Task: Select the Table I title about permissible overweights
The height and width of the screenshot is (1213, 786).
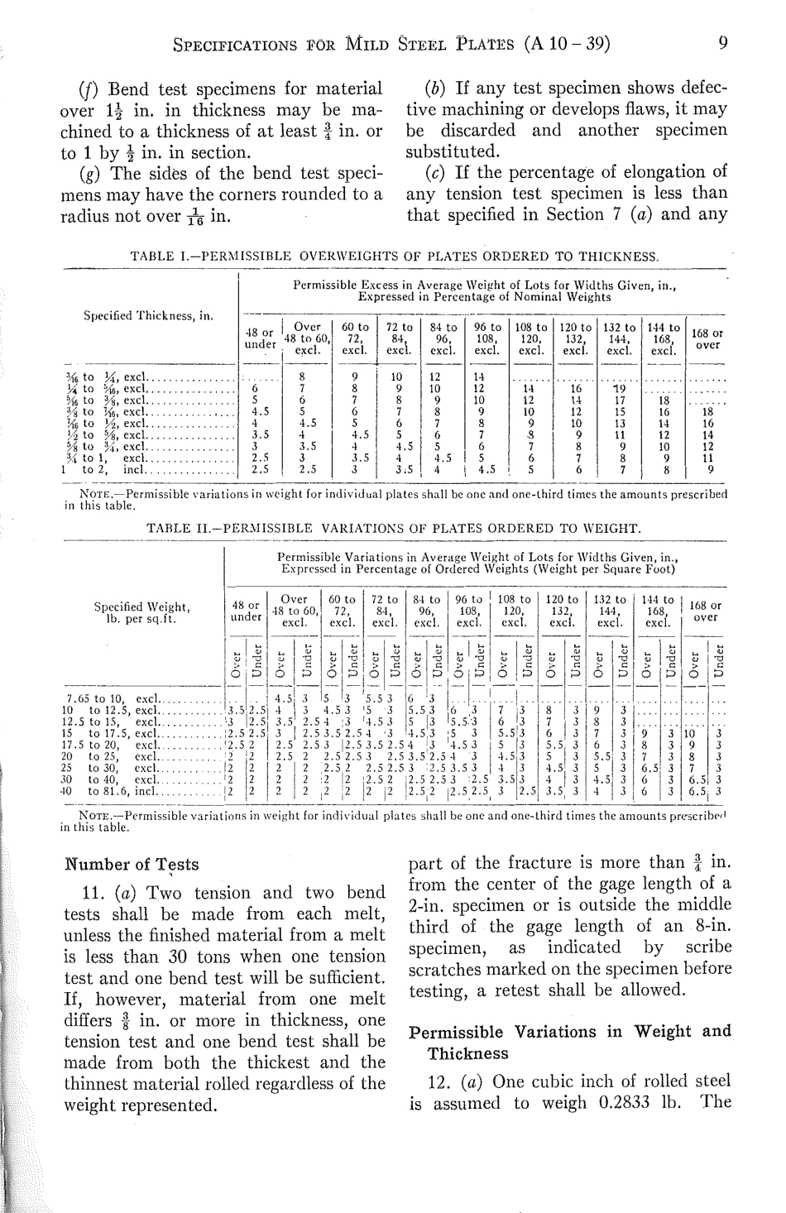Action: (x=395, y=257)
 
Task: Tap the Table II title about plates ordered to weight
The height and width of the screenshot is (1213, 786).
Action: (x=393, y=528)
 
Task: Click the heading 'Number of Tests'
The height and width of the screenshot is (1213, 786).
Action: (x=132, y=865)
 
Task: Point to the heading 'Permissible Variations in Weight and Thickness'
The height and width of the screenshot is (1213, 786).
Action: (x=570, y=1042)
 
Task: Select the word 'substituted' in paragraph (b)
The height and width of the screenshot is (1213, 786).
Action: (x=453, y=152)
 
